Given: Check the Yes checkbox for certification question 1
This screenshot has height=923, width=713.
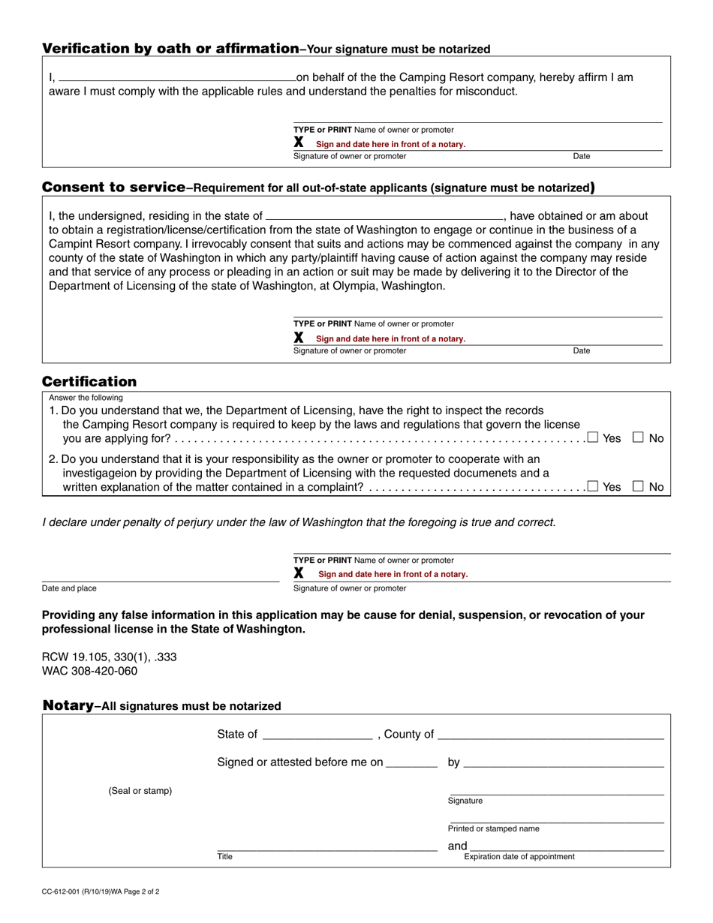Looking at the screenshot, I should click(x=593, y=437).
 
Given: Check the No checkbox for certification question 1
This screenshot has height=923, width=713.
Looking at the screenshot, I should click(x=638, y=437).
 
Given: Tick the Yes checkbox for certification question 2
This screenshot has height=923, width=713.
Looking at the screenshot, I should click(x=593, y=486).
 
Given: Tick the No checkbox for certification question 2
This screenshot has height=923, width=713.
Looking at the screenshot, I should click(x=638, y=486).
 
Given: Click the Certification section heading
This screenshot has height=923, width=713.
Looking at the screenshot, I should click(x=89, y=381).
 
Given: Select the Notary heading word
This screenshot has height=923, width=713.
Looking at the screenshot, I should click(x=68, y=705).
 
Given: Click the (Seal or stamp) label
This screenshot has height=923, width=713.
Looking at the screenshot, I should click(x=140, y=791).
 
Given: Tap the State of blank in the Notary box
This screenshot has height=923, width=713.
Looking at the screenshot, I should click(x=317, y=735).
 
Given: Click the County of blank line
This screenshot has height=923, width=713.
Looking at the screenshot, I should click(x=551, y=735).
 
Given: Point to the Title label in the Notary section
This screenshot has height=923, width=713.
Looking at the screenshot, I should click(x=225, y=856).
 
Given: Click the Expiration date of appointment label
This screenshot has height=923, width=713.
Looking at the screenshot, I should click(x=519, y=856).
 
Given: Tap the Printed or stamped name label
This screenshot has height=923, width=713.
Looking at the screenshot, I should click(x=493, y=828).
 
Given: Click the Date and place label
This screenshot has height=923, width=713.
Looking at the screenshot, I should click(x=69, y=588).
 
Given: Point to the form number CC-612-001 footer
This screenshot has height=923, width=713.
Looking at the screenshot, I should click(x=100, y=892).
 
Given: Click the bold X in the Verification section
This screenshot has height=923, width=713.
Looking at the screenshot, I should click(x=299, y=142).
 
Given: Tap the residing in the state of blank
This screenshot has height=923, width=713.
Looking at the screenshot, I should click(x=384, y=215).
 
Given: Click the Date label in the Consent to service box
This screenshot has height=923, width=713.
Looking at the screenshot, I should click(x=582, y=350).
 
